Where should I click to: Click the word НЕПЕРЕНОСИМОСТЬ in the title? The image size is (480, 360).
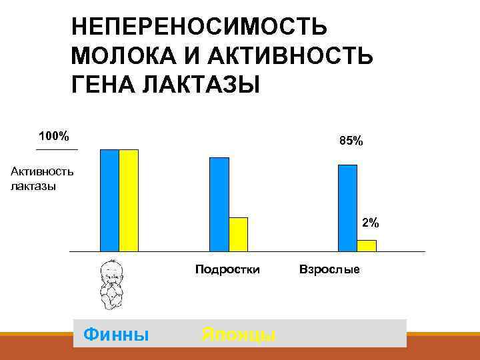tap(199, 28)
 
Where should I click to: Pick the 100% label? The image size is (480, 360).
tap(53, 136)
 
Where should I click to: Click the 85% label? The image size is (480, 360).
tap(351, 141)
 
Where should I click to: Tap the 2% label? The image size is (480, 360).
tap(370, 223)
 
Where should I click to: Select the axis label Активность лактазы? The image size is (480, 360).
tap(41, 179)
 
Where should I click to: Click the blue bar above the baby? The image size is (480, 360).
tap(109, 200)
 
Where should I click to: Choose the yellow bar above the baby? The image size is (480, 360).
tap(129, 200)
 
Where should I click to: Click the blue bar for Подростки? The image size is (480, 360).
tap(219, 204)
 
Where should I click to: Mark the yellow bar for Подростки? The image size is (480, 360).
tap(238, 234)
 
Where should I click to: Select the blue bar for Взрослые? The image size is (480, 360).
tap(348, 207)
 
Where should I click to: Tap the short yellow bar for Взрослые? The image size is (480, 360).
tap(367, 245)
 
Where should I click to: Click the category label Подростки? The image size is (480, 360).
tap(227, 270)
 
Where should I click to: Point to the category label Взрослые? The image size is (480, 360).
tap(329, 270)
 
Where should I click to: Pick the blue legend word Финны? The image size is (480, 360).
tap(116, 333)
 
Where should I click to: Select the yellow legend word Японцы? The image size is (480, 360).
tap(238, 334)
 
